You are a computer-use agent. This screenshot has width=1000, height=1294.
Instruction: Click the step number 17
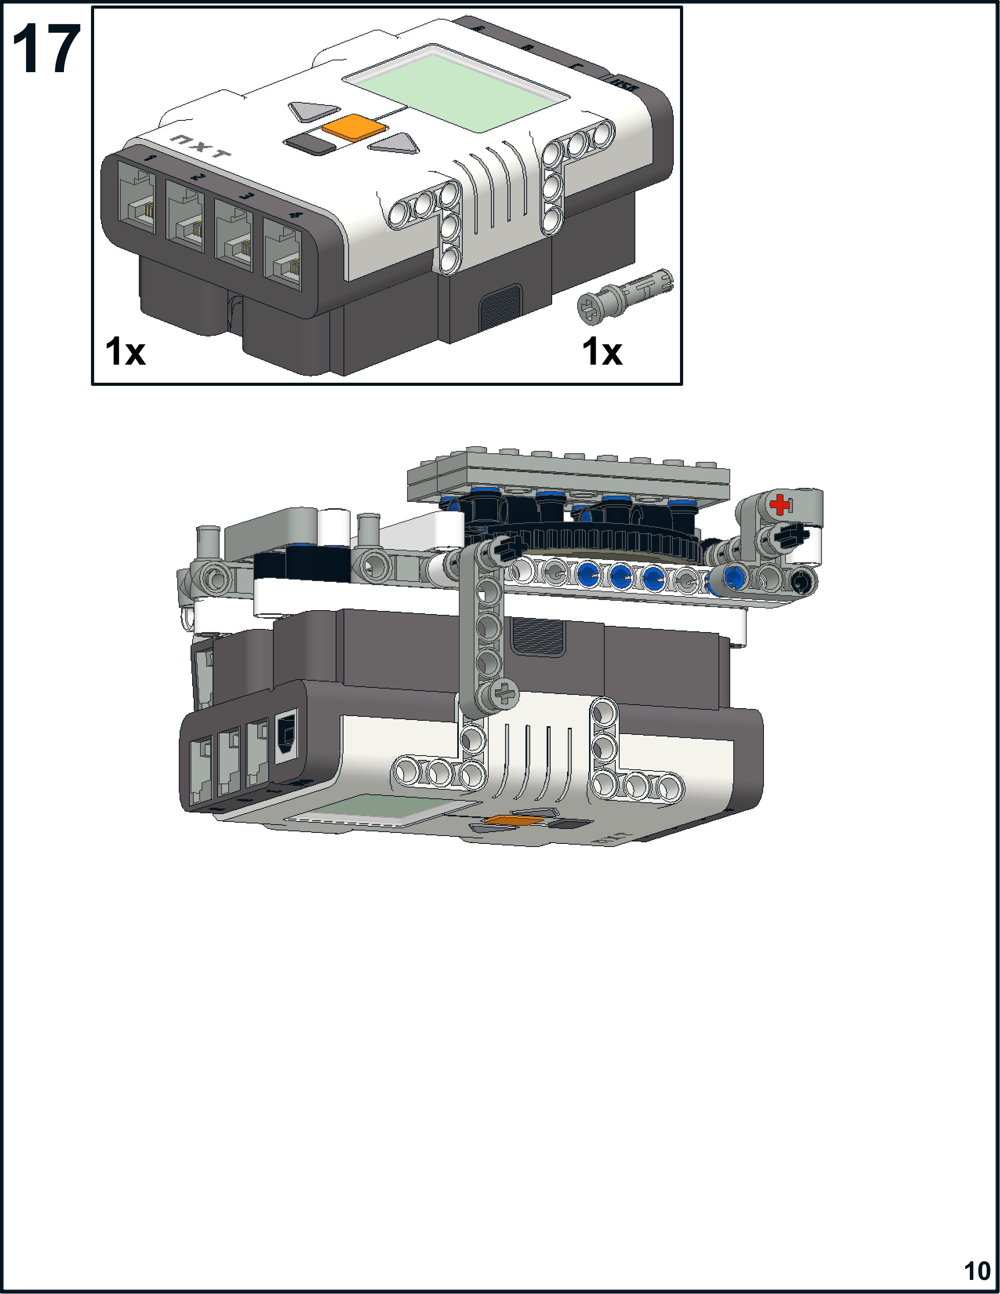46,50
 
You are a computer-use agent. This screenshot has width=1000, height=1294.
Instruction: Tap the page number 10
977,1270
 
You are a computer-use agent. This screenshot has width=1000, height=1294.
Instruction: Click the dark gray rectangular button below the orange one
310,144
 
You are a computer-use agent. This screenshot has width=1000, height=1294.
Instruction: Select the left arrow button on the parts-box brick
312,111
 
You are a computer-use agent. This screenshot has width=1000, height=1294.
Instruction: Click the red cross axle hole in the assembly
780,504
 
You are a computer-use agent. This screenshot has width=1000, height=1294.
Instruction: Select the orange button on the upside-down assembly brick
513,820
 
